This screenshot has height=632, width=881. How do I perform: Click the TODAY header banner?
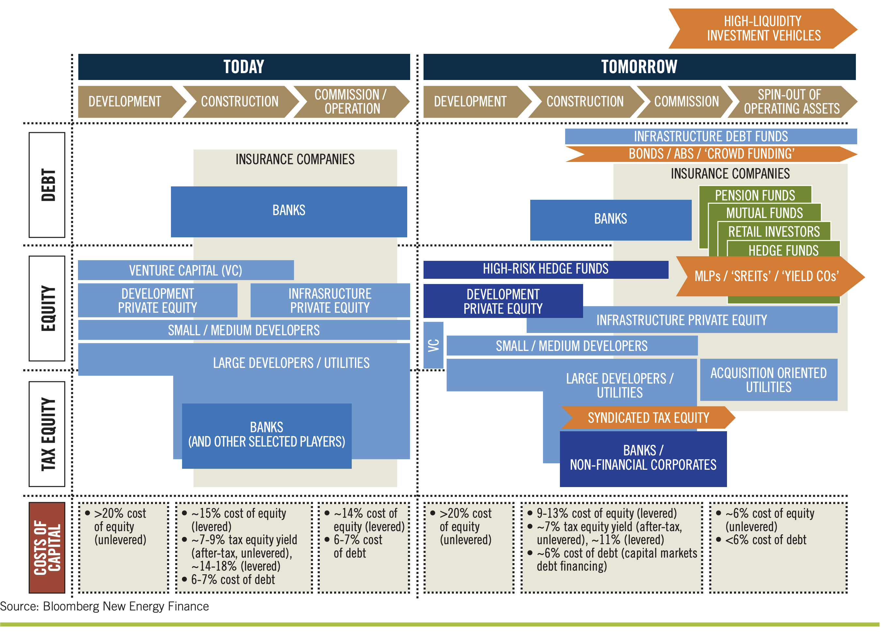tap(244, 67)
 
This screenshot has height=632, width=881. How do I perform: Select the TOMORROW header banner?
tap(639, 67)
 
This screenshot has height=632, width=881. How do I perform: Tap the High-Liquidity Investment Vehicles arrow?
tap(763, 28)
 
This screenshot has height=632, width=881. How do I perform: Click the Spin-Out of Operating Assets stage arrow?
tap(791, 102)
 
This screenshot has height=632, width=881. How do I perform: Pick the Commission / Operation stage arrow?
tap(351, 102)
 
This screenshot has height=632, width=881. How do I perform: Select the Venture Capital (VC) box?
tap(186, 270)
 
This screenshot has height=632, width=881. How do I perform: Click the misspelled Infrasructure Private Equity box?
tap(330, 300)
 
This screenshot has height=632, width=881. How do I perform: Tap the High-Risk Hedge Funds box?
tap(545, 269)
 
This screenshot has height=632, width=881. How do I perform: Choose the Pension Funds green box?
tap(755, 195)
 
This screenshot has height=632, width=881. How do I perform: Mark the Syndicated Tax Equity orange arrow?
tap(648, 418)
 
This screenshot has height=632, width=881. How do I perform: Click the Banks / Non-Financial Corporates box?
tap(643, 458)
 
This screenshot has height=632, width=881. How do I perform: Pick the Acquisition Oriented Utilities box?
tap(768, 380)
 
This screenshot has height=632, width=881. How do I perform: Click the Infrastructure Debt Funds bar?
tap(710, 136)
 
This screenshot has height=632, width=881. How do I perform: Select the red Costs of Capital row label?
tap(47, 547)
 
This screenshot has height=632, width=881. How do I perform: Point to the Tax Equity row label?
tap(47, 434)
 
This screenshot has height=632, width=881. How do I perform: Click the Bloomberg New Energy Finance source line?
tap(104, 606)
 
